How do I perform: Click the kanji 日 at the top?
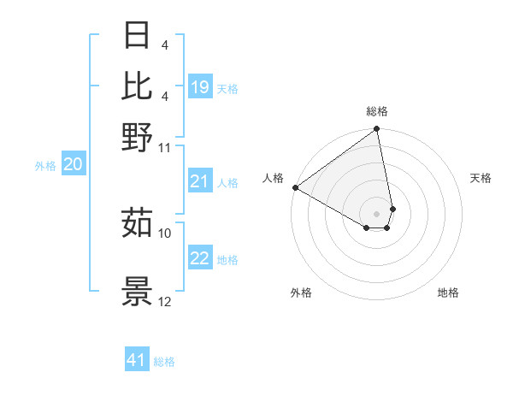[x=138, y=37]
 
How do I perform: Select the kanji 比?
[x=138, y=86]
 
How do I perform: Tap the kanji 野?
[x=138, y=137]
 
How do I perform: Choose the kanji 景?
[x=138, y=291]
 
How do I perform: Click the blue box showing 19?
[x=200, y=87]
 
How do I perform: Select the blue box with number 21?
[x=200, y=181]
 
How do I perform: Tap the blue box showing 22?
[x=200, y=259]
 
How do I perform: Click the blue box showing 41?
[x=137, y=360]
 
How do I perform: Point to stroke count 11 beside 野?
[x=165, y=147]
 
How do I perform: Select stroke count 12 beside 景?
[x=165, y=301]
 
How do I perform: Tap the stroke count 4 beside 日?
[x=164, y=45]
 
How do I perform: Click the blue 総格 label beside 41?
[x=165, y=362]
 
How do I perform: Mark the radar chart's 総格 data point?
[x=376, y=130]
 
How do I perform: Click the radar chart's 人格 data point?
[x=295, y=187]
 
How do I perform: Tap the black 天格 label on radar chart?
[x=481, y=179]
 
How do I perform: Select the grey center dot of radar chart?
[x=376, y=213]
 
